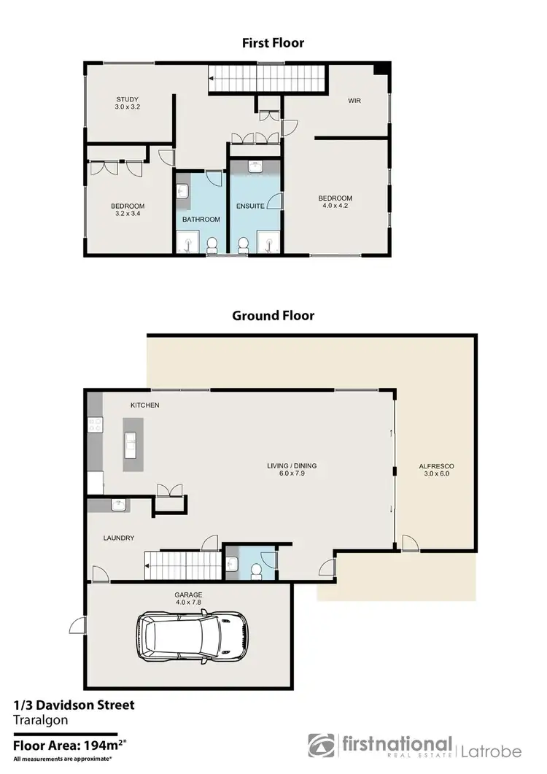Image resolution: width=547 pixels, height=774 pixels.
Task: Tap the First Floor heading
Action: coord(273,43)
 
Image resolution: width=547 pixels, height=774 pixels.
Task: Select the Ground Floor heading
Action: coord(273,316)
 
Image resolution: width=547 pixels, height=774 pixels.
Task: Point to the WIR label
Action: coord(354,101)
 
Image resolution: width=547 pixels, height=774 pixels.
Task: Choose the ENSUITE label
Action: coord(250,206)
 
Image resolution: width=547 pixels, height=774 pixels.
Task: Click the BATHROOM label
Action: coord(201,219)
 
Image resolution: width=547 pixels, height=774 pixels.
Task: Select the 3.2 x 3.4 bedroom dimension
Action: coord(128,214)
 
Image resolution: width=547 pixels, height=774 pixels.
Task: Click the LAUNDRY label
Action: coord(117,538)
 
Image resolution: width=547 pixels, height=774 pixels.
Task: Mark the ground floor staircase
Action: coord(182,565)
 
